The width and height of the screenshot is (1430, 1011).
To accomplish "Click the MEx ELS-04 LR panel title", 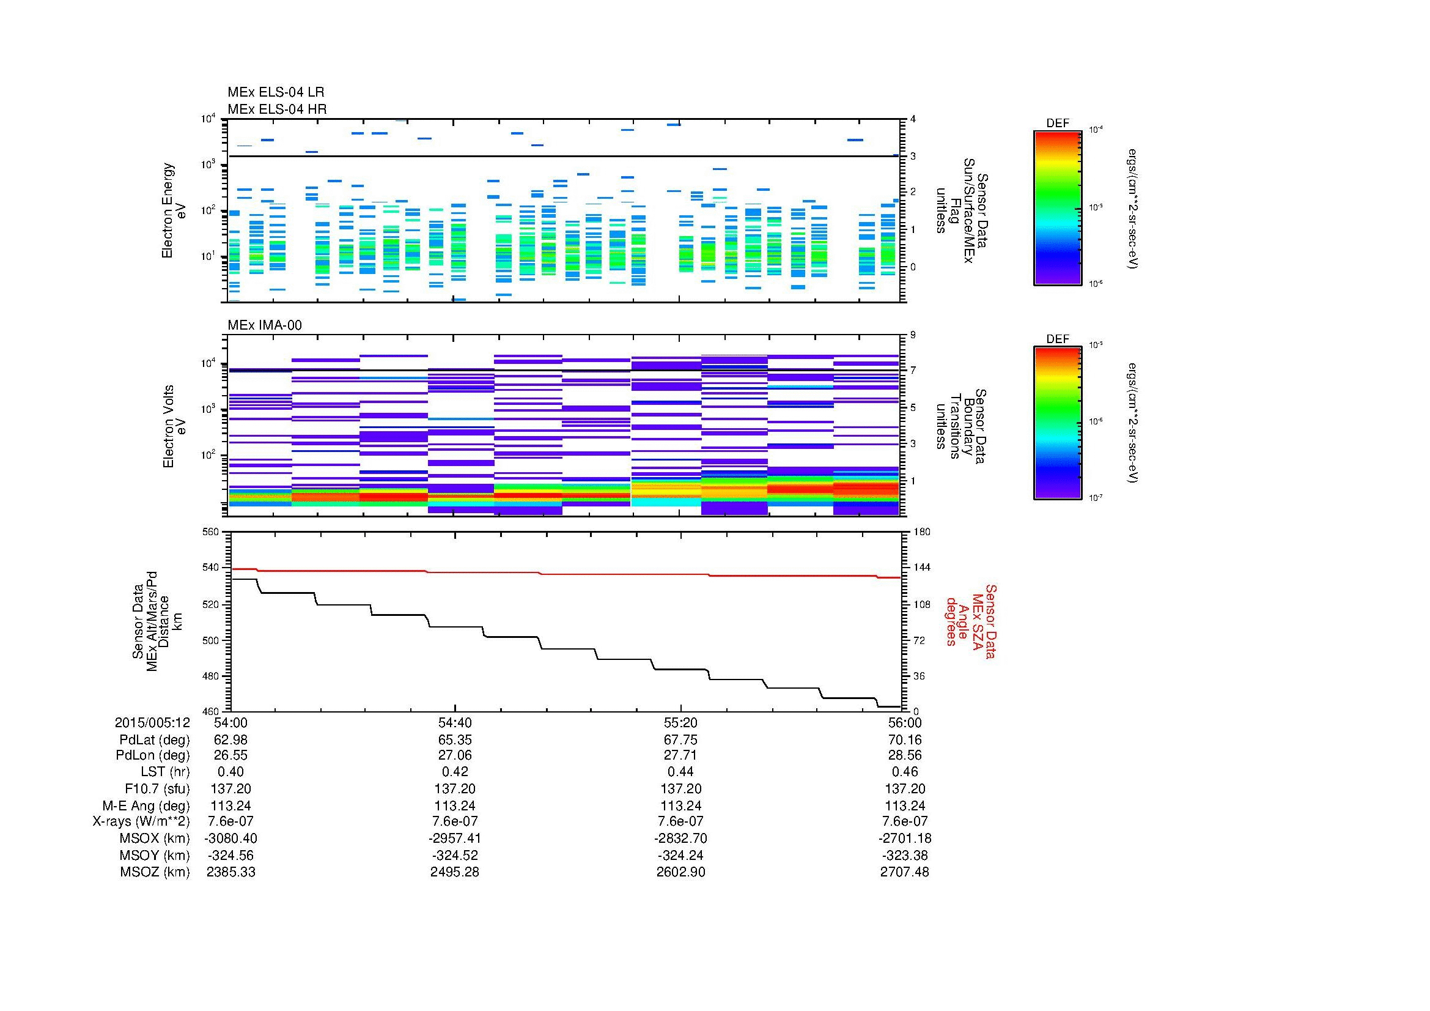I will pyautogui.click(x=276, y=92).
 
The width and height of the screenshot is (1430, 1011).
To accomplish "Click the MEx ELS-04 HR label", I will pyautogui.click(x=277, y=109).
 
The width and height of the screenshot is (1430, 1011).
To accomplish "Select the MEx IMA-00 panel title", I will pyautogui.click(x=265, y=325).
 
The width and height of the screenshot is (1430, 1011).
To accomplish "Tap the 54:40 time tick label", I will pyautogui.click(x=455, y=722).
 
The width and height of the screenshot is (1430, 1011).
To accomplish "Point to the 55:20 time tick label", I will pyautogui.click(x=680, y=722).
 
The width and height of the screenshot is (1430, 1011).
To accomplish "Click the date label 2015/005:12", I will pyautogui.click(x=152, y=722).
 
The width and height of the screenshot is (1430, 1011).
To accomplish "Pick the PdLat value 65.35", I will pyautogui.click(x=455, y=740).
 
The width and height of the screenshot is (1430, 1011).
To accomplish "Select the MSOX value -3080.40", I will pyautogui.click(x=230, y=839).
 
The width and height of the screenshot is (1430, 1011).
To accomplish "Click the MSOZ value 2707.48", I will pyautogui.click(x=904, y=872).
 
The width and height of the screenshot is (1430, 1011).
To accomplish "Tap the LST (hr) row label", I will pyautogui.click(x=165, y=772).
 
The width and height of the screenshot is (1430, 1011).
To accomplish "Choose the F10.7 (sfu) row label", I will pyautogui.click(x=157, y=788).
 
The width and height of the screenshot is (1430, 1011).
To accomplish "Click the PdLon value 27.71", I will pyautogui.click(x=680, y=755).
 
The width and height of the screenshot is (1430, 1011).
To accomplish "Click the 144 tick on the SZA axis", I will pyautogui.click(x=921, y=568).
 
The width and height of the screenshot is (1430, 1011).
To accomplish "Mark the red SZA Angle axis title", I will pyautogui.click(x=971, y=621).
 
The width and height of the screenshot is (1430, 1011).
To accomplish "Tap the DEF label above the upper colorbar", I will pyautogui.click(x=1058, y=124).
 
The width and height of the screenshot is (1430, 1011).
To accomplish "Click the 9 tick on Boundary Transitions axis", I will pyautogui.click(x=913, y=335).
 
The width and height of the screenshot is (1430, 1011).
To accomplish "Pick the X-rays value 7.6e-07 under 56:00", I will pyautogui.click(x=904, y=821).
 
